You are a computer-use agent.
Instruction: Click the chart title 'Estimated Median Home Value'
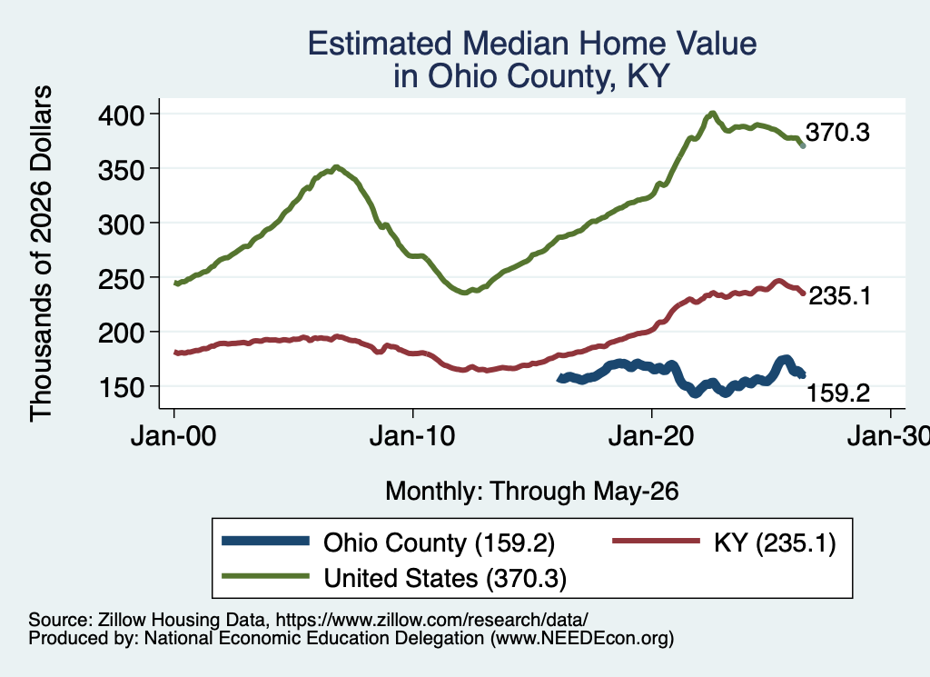click(x=532, y=44)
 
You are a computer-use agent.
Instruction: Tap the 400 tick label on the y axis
click(x=121, y=114)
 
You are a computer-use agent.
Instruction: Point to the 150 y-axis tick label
click(x=121, y=387)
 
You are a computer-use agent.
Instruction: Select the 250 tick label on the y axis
click(x=121, y=278)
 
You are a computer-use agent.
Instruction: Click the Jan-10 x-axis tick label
click(x=412, y=436)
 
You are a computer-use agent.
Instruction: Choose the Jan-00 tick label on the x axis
click(x=173, y=436)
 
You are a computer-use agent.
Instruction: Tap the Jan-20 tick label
click(x=651, y=436)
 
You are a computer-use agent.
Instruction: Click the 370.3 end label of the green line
click(x=837, y=133)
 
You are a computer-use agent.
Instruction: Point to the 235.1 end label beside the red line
click(x=840, y=295)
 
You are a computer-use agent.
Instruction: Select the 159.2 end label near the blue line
click(x=838, y=393)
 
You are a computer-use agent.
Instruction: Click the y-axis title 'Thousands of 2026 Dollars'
click(x=41, y=254)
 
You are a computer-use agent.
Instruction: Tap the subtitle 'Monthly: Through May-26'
click(x=532, y=492)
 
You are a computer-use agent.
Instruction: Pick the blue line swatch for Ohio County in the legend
click(x=265, y=541)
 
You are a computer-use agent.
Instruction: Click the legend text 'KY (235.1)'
click(x=775, y=543)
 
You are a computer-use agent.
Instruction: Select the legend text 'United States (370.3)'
click(x=445, y=578)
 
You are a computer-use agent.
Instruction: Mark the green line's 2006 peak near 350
click(x=336, y=167)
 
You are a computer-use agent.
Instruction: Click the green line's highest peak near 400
click(x=712, y=113)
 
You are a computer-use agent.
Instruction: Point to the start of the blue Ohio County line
click(x=559, y=379)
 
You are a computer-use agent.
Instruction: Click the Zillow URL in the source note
click(x=431, y=620)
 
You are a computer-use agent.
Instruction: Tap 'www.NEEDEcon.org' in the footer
click(x=582, y=638)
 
